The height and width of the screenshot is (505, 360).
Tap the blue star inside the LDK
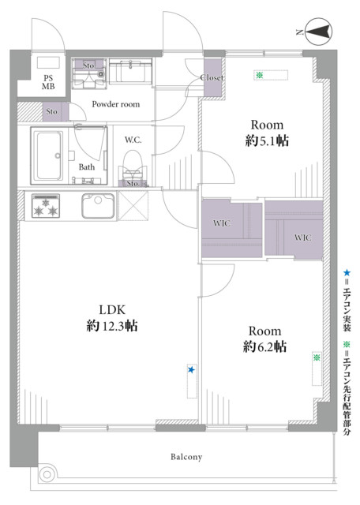(x=191, y=370)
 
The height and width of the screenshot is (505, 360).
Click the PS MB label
(x=48, y=82)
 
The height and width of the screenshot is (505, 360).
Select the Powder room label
(x=116, y=104)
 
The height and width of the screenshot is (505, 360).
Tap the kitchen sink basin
(x=98, y=206)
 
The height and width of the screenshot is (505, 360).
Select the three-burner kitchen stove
(x=46, y=206)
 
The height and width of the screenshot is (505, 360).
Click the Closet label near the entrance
(x=212, y=77)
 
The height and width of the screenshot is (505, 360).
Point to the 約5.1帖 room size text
(x=267, y=140)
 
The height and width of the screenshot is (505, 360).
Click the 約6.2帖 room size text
(x=264, y=347)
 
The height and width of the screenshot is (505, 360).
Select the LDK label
(x=112, y=310)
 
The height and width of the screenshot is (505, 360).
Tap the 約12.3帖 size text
(x=112, y=326)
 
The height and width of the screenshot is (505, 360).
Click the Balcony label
(x=186, y=457)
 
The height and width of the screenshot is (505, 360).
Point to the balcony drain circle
(x=47, y=474)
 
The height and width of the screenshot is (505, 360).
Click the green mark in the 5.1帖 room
(x=260, y=76)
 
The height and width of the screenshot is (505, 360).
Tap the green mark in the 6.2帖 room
(x=317, y=357)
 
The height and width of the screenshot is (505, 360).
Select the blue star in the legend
(x=347, y=273)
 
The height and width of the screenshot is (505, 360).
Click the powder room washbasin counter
(x=130, y=72)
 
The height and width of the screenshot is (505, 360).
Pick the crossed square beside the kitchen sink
(x=133, y=206)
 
